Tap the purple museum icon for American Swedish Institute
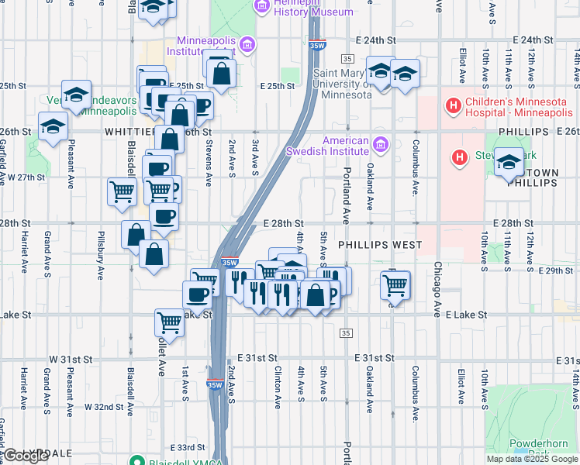(380, 144)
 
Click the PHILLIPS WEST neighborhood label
(380, 245)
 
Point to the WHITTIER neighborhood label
(130, 133)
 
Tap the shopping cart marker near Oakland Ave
(395, 285)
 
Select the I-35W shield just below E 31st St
(214, 383)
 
